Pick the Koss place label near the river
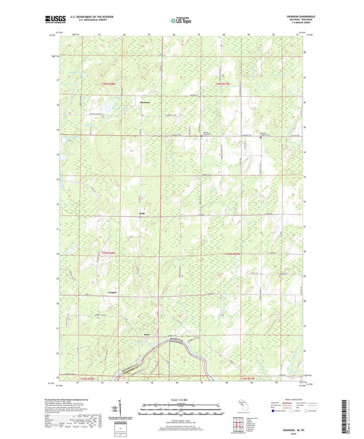(145, 335)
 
